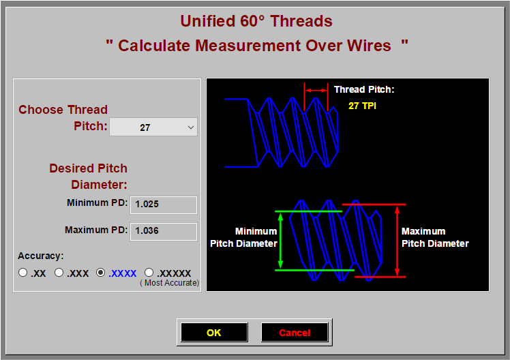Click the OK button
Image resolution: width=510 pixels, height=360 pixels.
tap(214, 333)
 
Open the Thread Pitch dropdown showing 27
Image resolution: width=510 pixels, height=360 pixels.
tap(153, 127)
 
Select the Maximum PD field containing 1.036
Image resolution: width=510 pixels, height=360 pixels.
tap(163, 231)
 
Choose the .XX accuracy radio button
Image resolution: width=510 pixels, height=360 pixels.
tap(23, 273)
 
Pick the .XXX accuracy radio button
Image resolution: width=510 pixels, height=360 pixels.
tap(59, 273)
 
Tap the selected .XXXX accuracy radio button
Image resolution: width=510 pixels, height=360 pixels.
tap(101, 273)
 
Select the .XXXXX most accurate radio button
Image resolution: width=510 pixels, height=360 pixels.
tap(149, 273)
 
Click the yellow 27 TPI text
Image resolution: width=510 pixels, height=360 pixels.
tap(362, 106)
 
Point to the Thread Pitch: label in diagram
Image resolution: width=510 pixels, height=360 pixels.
tap(364, 89)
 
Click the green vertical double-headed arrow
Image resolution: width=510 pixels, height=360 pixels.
tap(281, 241)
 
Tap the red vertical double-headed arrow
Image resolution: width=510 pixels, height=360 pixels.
tap(397, 240)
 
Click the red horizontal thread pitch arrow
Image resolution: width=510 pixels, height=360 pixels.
tap(316, 89)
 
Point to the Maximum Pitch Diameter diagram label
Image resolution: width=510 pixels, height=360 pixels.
tap(435, 237)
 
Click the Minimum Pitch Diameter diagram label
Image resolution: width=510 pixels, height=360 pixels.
tap(243, 237)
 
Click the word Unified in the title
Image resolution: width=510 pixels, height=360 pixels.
tap(208, 21)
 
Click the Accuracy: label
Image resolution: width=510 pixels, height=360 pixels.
tap(41, 256)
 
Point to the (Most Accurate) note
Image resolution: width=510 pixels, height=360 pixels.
tap(170, 283)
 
